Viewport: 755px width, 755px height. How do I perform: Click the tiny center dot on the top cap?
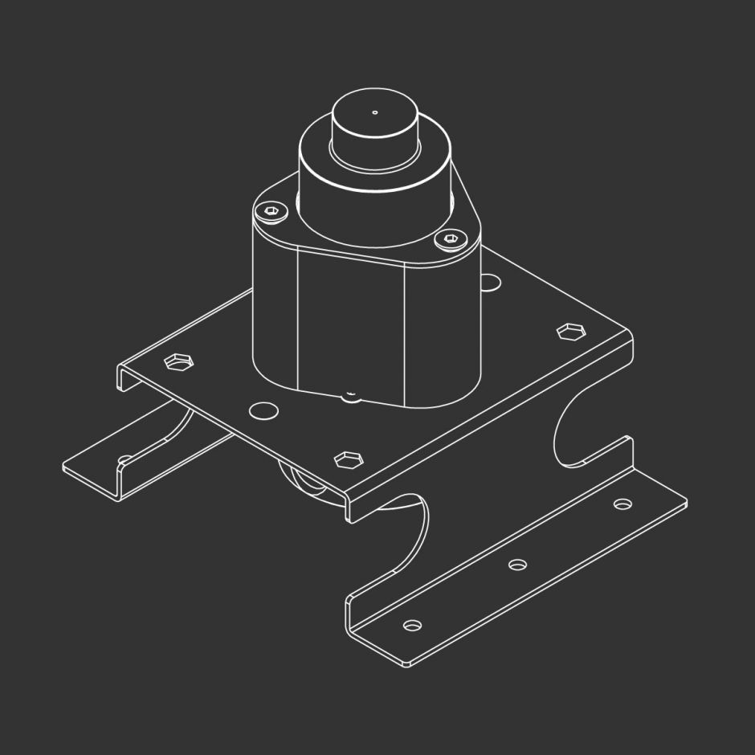click(x=374, y=112)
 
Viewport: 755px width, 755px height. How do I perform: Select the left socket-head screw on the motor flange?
click(x=271, y=211)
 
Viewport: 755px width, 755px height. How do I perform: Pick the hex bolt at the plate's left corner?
click(x=178, y=361)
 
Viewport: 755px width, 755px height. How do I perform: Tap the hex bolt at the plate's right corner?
click(x=569, y=331)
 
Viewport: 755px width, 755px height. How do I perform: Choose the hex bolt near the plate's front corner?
click(x=346, y=459)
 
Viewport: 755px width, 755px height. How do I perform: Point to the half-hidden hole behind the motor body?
click(x=490, y=280)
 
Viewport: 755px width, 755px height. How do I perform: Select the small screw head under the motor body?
click(x=350, y=394)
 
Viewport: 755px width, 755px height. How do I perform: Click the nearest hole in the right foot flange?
click(x=412, y=625)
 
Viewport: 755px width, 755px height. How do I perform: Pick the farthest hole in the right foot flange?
click(x=622, y=504)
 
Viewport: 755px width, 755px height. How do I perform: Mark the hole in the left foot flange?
click(x=125, y=460)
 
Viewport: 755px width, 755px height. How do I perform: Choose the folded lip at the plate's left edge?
click(x=121, y=378)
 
